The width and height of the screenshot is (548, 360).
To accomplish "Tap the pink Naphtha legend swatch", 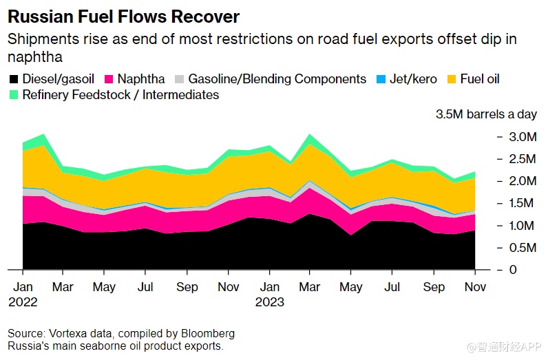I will pyautogui.click(x=109, y=79).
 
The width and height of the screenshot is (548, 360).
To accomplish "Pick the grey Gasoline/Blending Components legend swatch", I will pyautogui.click(x=179, y=79).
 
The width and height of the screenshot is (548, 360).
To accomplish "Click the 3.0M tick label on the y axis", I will pyautogui.click(x=523, y=137).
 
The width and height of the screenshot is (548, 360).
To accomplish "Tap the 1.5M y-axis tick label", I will pyautogui.click(x=523, y=203).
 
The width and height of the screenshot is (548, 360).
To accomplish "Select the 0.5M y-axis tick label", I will pyautogui.click(x=523, y=247).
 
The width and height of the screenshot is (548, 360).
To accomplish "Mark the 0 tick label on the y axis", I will pyautogui.click(x=512, y=269).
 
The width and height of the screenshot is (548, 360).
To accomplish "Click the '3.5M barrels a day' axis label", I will pyautogui.click(x=485, y=114).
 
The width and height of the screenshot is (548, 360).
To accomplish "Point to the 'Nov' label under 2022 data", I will pyautogui.click(x=229, y=286).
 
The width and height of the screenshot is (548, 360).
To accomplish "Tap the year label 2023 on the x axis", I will pyautogui.click(x=269, y=301).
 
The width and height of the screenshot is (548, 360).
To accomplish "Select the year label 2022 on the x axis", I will pyautogui.click(x=23, y=301).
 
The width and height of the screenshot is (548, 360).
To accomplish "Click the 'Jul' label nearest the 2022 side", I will pyautogui.click(x=145, y=286).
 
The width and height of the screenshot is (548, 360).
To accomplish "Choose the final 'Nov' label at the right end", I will pyautogui.click(x=475, y=286).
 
